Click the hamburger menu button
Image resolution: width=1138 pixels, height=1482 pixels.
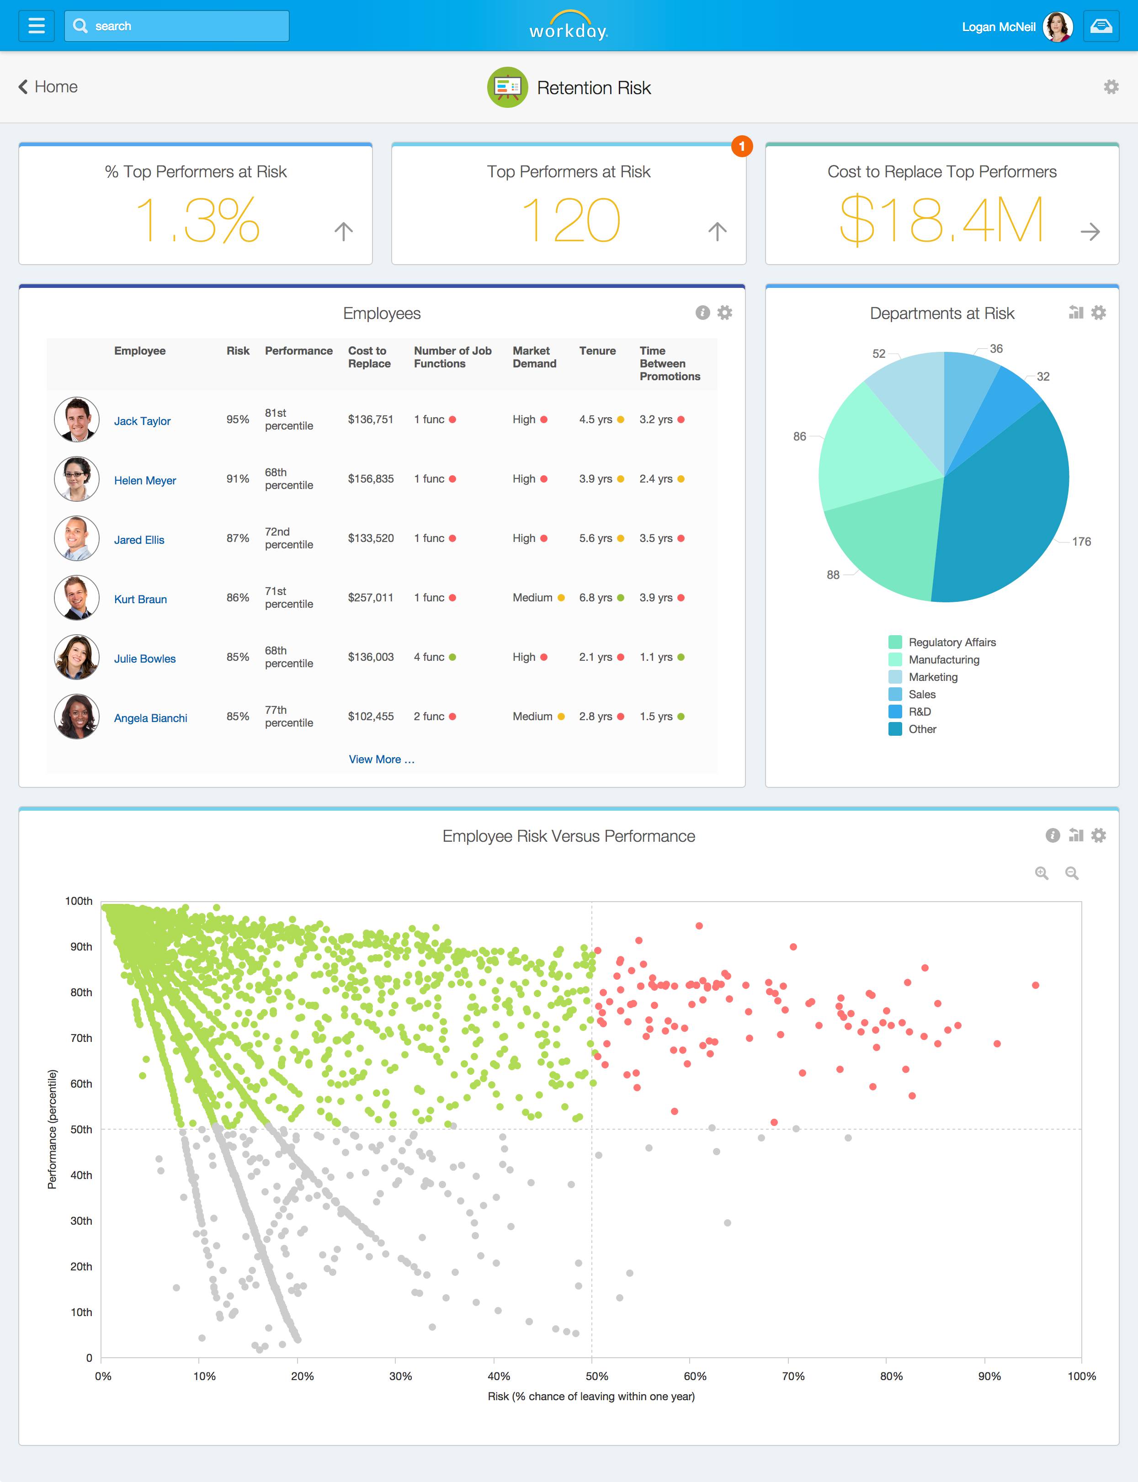[x=37, y=26]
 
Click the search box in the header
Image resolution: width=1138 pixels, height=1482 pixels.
[x=177, y=26]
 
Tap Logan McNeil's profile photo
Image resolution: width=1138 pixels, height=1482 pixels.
[x=1058, y=27]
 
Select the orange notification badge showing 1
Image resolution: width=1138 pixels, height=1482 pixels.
[x=742, y=146]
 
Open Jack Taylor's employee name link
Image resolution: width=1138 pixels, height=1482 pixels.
[x=142, y=420]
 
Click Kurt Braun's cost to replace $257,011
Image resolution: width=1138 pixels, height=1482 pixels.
[x=371, y=597]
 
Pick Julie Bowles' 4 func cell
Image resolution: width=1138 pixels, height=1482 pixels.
[x=430, y=657]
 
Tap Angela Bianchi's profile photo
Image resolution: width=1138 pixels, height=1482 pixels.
[x=76, y=717]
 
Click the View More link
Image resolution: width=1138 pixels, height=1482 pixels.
[x=381, y=760]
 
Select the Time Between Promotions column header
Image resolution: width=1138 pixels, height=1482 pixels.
[x=669, y=364]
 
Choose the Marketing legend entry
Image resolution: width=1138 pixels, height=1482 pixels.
[x=933, y=677]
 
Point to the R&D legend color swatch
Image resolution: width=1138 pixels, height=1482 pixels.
[x=895, y=711]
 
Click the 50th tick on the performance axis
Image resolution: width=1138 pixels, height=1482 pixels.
[x=81, y=1129]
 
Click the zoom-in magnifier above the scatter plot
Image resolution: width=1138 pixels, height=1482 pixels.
[x=1041, y=873]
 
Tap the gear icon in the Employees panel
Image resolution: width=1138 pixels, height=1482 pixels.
[x=725, y=312]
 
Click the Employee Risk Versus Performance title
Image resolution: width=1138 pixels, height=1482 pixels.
[x=569, y=836]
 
